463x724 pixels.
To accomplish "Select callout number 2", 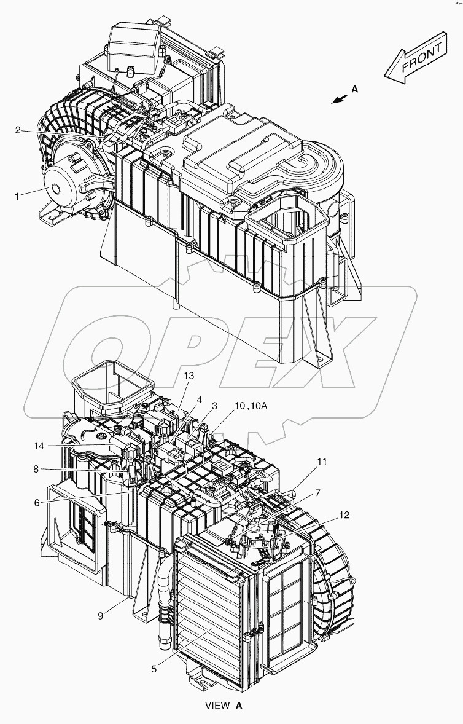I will point(18,130).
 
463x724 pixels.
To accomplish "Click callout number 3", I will point(215,406).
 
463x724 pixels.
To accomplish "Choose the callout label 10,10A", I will point(251,406).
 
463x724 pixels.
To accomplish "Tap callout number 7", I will point(318,492).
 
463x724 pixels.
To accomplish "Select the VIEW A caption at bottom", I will point(225,706).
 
